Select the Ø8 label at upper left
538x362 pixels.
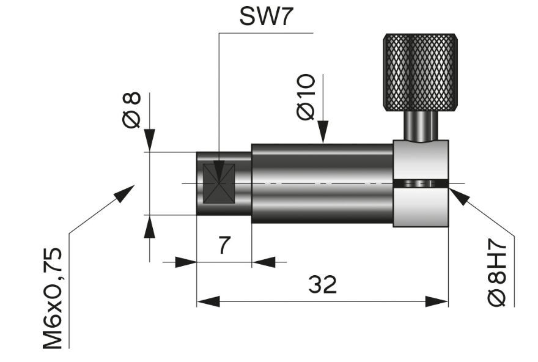click(x=131, y=110)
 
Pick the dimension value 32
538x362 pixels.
click(x=322, y=284)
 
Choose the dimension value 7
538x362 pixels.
click(x=224, y=246)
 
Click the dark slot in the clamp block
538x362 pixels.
click(x=421, y=184)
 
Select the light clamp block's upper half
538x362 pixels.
click(x=421, y=160)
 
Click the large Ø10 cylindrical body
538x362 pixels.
click(x=322, y=183)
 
